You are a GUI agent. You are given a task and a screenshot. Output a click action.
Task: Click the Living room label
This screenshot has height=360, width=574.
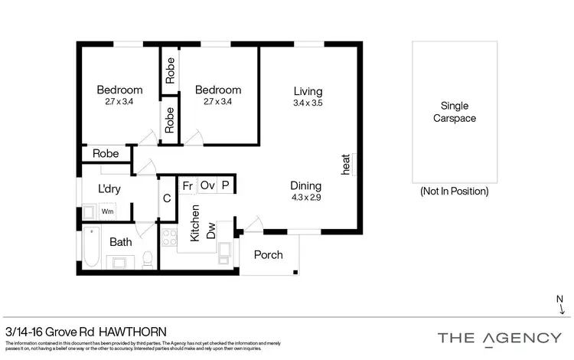click(x=308, y=92)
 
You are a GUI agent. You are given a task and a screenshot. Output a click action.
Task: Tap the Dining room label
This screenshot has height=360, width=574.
click(x=305, y=186)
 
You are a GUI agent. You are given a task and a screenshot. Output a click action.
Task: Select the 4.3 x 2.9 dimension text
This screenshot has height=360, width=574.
click(x=305, y=197)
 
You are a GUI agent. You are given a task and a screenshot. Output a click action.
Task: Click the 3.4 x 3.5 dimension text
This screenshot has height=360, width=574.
click(x=308, y=103)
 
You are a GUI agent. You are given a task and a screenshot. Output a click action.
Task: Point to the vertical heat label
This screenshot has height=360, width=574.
click(x=346, y=163)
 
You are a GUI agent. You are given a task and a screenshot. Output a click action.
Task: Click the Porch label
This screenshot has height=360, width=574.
click(x=268, y=255)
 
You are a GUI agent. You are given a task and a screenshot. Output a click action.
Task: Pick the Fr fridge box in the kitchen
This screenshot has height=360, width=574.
click(x=187, y=185)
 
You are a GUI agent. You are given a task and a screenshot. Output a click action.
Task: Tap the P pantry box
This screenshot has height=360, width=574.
click(x=226, y=185)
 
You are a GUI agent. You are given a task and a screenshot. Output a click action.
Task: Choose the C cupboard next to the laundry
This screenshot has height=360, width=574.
click(x=167, y=198)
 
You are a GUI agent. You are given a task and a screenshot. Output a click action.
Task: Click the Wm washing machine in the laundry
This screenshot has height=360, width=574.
click(x=108, y=211)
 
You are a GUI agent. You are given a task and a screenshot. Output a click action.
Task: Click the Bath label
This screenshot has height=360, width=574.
click(x=120, y=242)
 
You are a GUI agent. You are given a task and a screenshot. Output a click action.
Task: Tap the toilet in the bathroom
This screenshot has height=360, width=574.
click(x=149, y=259)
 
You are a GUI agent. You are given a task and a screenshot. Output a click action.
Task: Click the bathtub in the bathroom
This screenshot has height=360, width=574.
click(x=91, y=249)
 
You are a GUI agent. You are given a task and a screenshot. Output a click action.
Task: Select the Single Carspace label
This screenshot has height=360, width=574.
click(x=455, y=112)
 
